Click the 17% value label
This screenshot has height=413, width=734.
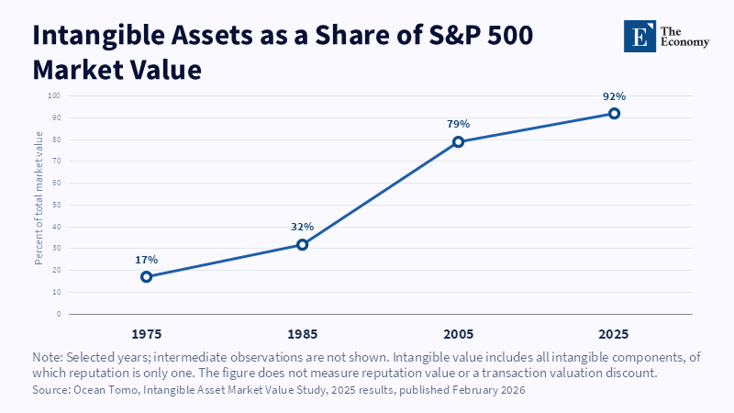click(147, 260)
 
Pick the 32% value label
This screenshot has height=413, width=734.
click(303, 227)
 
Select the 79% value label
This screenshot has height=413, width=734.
click(458, 124)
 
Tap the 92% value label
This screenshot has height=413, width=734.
click(614, 96)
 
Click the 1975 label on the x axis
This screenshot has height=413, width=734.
click(147, 334)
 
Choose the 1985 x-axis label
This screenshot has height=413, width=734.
click(303, 334)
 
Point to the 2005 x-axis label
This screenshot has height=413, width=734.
click(458, 334)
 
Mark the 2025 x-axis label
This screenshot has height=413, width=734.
click(614, 334)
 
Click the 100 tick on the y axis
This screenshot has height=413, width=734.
click(54, 96)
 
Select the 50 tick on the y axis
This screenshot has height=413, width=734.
click(57, 205)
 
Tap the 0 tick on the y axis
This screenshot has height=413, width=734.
click(59, 314)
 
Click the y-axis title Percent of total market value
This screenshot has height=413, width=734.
click(39, 198)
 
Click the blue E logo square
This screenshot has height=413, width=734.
click(639, 36)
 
